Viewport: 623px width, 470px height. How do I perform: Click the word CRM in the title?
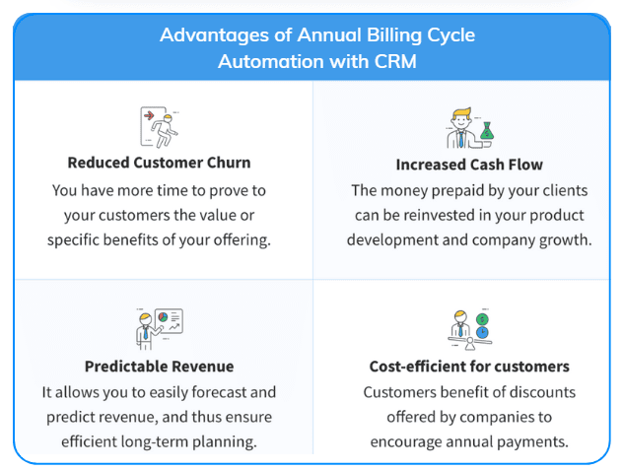(x=395, y=61)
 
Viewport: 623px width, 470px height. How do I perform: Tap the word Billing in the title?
(x=393, y=35)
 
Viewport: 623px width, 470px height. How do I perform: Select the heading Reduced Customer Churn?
(x=159, y=163)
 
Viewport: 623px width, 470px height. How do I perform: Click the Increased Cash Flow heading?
(x=469, y=165)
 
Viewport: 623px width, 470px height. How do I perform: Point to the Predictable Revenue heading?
(x=159, y=367)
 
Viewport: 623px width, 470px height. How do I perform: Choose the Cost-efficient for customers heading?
(x=469, y=367)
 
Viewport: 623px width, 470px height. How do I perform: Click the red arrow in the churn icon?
(x=149, y=115)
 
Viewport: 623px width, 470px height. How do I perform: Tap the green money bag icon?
(x=487, y=131)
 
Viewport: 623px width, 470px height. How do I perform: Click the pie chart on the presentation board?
(x=163, y=317)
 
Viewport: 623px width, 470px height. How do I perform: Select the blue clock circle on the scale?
(x=482, y=332)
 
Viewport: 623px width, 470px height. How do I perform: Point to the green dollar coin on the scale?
(x=482, y=319)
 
